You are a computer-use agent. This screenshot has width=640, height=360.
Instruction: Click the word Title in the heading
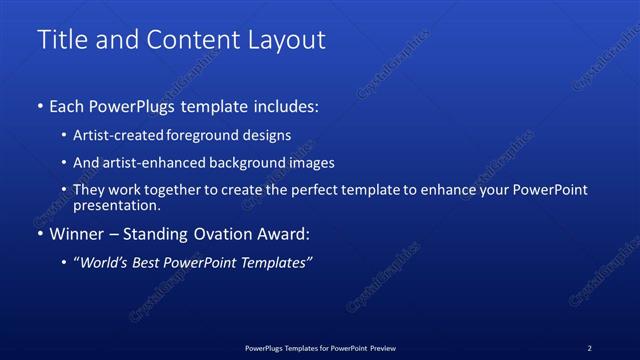point(64,40)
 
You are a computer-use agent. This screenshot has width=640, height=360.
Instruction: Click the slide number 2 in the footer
point(589,347)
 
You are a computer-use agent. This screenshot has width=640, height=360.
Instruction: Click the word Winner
point(74,234)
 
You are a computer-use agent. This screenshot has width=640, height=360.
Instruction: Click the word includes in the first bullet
point(286,105)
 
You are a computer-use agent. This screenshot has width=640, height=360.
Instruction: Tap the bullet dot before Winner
point(40,235)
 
